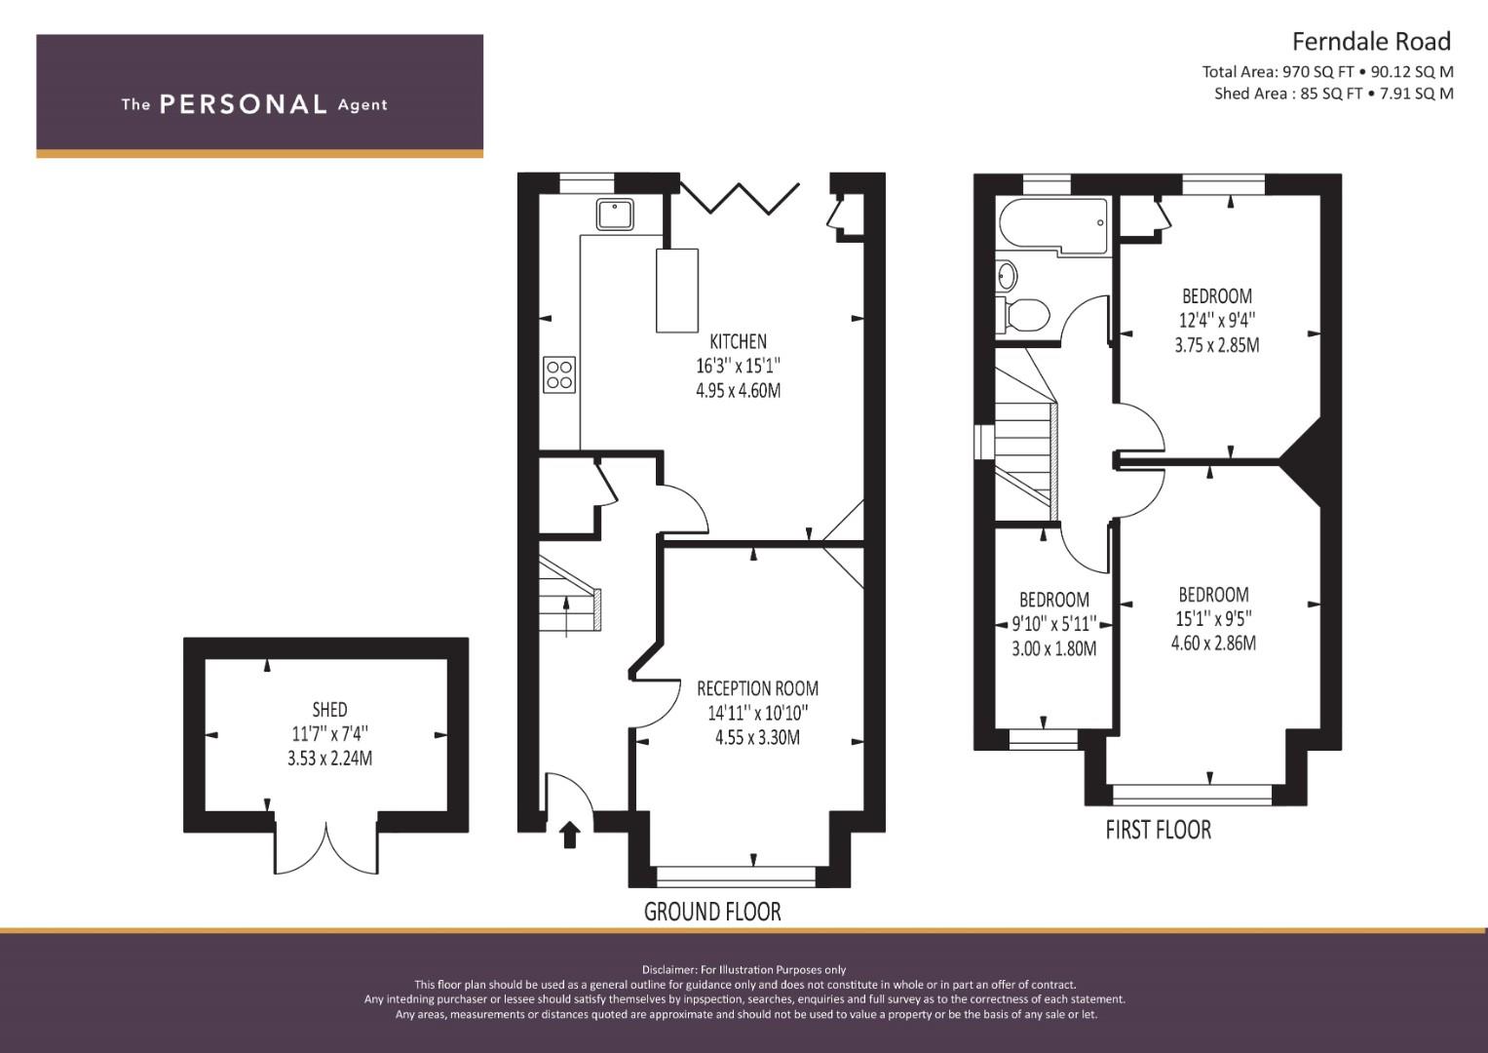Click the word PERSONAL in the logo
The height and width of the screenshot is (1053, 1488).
tap(244, 104)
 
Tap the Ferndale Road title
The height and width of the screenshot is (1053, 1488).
tap(1371, 42)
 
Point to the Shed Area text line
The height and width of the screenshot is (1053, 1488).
tap(1334, 94)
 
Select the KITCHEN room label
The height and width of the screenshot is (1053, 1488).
tap(738, 341)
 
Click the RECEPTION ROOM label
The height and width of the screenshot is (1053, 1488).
tap(757, 688)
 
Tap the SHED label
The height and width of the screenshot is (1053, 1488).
tap(329, 710)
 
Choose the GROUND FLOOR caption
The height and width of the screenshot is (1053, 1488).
tap(712, 912)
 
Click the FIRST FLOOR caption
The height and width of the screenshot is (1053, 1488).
tap(1158, 830)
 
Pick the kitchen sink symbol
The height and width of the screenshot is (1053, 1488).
tap(615, 214)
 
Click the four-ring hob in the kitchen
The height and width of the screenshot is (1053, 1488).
tap(559, 375)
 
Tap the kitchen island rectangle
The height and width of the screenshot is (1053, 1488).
tap(677, 291)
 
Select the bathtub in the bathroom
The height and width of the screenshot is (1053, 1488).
tap(1052, 226)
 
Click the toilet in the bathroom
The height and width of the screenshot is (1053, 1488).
tap(1023, 314)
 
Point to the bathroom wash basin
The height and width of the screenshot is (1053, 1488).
tap(1006, 275)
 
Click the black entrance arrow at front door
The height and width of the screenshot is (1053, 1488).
tap(570, 835)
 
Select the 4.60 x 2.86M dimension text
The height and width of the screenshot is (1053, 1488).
tap(1213, 643)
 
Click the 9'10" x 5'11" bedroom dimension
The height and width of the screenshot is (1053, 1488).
tap(1053, 624)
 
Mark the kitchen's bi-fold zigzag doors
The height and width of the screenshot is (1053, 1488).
tap(740, 198)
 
